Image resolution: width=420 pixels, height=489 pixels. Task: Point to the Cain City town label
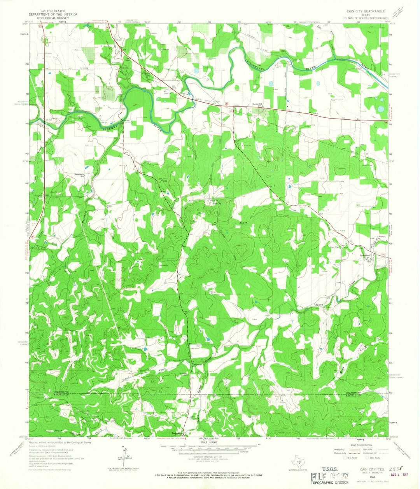pyautogui.click(x=215, y=203)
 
